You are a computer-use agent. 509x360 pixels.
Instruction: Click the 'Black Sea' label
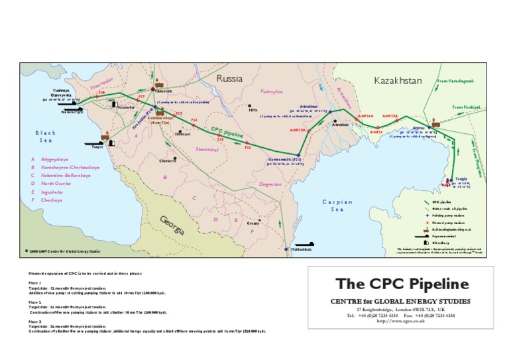click(46, 137)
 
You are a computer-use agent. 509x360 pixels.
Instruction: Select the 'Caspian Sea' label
click(337, 205)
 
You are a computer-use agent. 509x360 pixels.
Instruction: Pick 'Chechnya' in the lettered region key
click(52, 200)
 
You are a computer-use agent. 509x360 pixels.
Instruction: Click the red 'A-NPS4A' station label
click(365, 116)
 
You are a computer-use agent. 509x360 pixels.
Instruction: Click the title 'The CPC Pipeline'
click(402, 284)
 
